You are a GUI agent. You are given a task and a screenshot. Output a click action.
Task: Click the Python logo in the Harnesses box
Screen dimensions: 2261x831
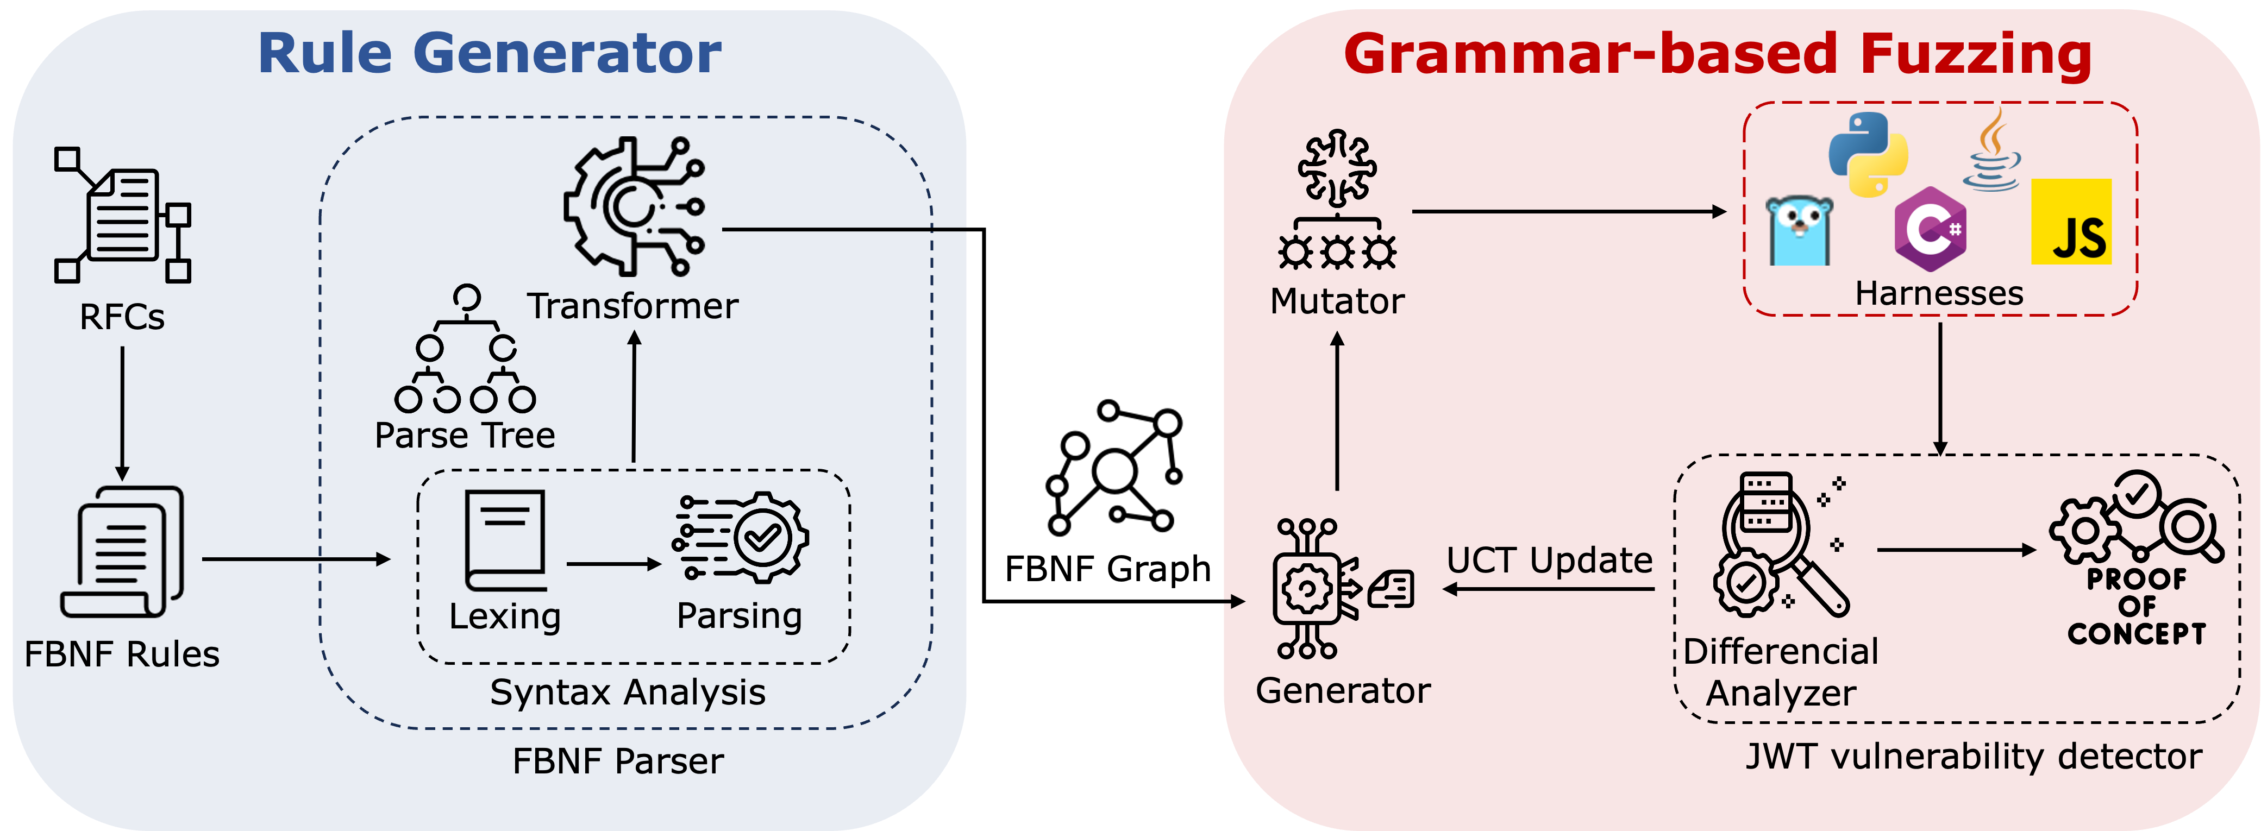1868,154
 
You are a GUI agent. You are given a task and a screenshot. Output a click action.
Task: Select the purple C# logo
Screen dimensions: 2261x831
1929,229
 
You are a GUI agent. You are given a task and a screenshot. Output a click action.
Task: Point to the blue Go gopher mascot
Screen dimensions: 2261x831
1799,231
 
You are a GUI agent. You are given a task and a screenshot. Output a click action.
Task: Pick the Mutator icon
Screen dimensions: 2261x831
1337,199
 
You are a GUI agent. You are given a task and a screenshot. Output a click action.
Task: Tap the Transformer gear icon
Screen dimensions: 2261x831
634,206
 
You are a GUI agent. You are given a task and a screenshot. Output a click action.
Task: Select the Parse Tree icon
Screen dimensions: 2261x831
465,348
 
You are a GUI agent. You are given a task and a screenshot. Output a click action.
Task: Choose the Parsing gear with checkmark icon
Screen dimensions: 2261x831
740,537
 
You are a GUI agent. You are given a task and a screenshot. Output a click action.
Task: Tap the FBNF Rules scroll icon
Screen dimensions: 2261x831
122,552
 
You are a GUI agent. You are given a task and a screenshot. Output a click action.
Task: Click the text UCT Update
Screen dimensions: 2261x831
1549,560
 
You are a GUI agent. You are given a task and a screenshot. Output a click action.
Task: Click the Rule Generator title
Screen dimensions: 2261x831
490,54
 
